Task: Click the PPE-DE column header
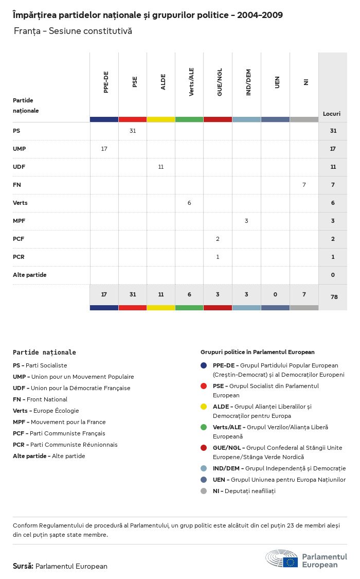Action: click(106, 82)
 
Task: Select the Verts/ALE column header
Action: click(191, 82)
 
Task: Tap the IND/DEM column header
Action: click(248, 82)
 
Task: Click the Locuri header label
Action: click(332, 113)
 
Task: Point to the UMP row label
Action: click(20, 149)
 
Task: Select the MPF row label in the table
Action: click(19, 221)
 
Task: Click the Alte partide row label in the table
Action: click(29, 275)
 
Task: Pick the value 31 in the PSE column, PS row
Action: click(133, 131)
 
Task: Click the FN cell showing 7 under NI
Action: click(304, 185)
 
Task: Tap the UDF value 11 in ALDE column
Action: click(161, 167)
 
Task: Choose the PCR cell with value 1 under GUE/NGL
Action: click(218, 257)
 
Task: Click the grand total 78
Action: click(333, 297)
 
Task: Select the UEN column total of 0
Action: click(275, 294)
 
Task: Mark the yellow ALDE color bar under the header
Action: click(161, 119)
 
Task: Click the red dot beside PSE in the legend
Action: click(205, 386)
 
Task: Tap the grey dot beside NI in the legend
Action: click(205, 491)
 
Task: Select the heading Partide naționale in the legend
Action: click(44, 353)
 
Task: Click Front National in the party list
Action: click(47, 399)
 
